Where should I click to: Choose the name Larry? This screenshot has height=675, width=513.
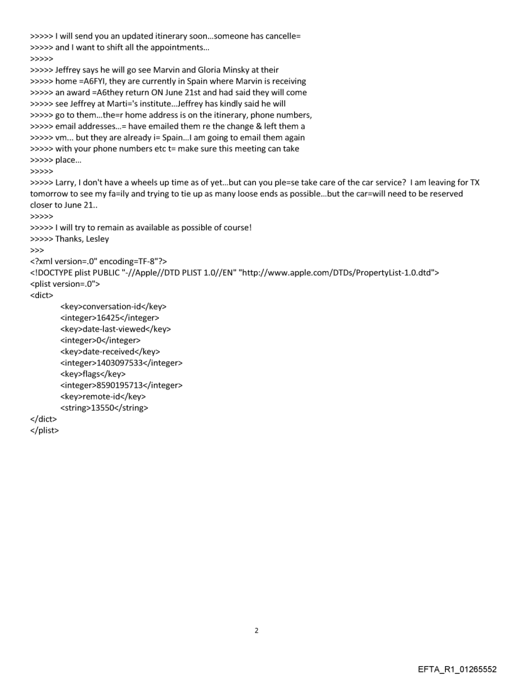coord(67,182)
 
